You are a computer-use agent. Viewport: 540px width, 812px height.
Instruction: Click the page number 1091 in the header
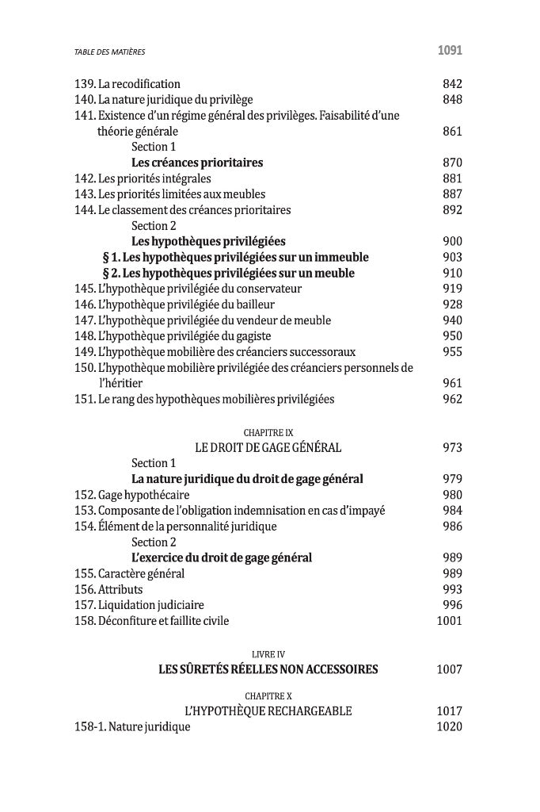(x=449, y=52)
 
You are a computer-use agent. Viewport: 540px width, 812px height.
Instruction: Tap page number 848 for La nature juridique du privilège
(x=452, y=100)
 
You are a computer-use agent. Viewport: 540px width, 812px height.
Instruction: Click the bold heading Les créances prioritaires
(x=197, y=163)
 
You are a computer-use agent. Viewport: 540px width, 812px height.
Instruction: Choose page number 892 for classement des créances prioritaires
(x=452, y=210)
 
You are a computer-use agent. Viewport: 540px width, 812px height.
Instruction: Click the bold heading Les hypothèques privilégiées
(x=208, y=241)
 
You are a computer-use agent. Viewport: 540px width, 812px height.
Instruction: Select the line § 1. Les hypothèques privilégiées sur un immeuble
(x=235, y=257)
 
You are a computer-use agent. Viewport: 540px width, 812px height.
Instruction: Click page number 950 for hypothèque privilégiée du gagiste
(x=452, y=336)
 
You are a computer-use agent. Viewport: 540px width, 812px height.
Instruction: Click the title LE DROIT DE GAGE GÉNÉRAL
(x=268, y=448)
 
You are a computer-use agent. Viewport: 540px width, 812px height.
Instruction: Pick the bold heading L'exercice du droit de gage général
(x=222, y=558)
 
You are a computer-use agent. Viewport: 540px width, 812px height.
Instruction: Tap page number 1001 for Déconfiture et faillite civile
(x=449, y=621)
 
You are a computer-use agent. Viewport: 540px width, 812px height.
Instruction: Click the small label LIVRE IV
(x=268, y=654)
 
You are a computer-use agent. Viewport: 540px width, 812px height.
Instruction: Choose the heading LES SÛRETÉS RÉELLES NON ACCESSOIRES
(x=268, y=670)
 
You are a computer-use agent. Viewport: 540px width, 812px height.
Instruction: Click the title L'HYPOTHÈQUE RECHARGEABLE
(x=268, y=711)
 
